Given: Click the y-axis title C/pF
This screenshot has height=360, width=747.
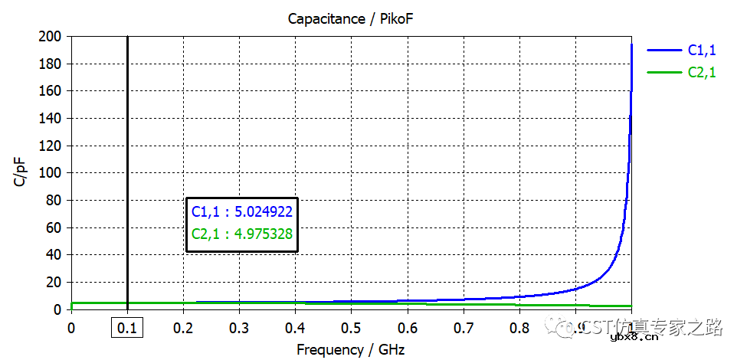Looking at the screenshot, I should coord(21,172).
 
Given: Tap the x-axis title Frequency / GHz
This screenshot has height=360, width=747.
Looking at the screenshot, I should coord(350,350).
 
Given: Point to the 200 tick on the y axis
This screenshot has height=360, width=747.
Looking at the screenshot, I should coord(51,37).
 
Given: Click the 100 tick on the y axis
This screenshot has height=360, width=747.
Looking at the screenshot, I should coord(51,173).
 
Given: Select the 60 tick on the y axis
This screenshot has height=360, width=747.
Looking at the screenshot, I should coord(54,227).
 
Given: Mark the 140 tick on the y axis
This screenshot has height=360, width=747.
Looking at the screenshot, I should coord(51,119).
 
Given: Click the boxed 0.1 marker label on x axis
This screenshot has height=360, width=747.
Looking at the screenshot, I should coord(127,329).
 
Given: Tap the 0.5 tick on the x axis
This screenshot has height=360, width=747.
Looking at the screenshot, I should coord(351,329).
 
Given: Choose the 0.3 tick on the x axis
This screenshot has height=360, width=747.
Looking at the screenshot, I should coord(239,329).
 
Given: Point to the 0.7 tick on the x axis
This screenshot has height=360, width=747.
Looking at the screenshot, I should coord(463,329).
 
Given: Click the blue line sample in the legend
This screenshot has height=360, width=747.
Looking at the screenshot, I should coord(663,50).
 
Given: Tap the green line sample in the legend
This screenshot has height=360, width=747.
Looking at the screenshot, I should coord(663,73).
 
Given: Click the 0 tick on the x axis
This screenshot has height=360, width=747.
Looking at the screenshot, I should coord(71,329).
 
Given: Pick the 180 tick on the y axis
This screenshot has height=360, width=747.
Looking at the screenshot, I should coord(51,64).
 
